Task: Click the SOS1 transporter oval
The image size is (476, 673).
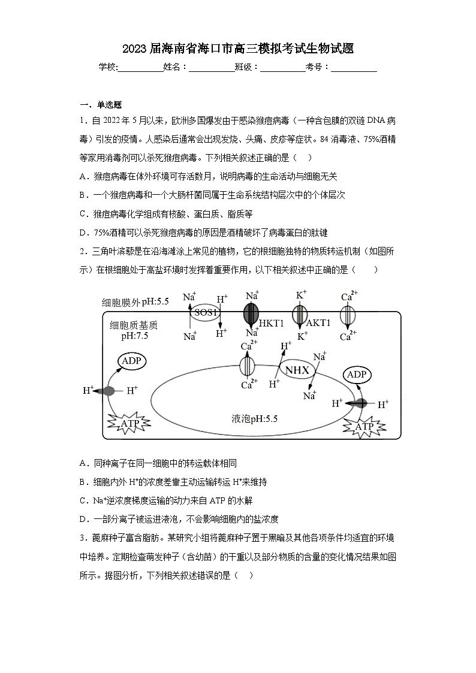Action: point(206,312)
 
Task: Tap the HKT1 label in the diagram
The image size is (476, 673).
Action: point(271,323)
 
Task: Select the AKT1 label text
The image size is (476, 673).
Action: point(318,323)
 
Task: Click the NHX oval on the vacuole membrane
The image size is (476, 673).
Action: point(297,370)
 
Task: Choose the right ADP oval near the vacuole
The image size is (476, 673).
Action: point(357,375)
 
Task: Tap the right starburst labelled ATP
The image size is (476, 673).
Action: point(364,426)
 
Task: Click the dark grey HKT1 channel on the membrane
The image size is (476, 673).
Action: point(251,313)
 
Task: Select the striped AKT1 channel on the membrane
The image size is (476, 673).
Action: point(300,313)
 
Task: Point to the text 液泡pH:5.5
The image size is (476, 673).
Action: point(254,418)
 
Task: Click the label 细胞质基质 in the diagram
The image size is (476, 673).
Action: point(134,325)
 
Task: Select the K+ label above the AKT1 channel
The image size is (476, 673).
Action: point(302,294)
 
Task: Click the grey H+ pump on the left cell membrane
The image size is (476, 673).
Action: point(107,391)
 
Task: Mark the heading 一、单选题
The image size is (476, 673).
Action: point(101,104)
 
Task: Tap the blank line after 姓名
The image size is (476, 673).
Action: point(212,68)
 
